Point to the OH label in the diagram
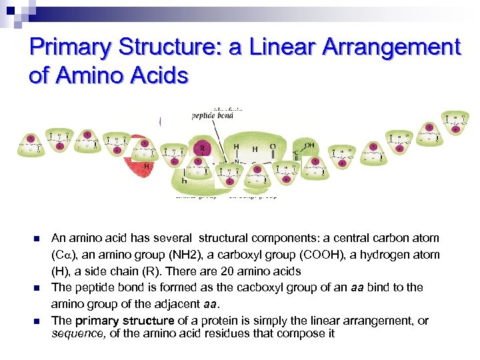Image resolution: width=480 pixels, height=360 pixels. coord(309,143)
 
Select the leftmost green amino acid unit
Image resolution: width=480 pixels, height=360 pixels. coord(31,143)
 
